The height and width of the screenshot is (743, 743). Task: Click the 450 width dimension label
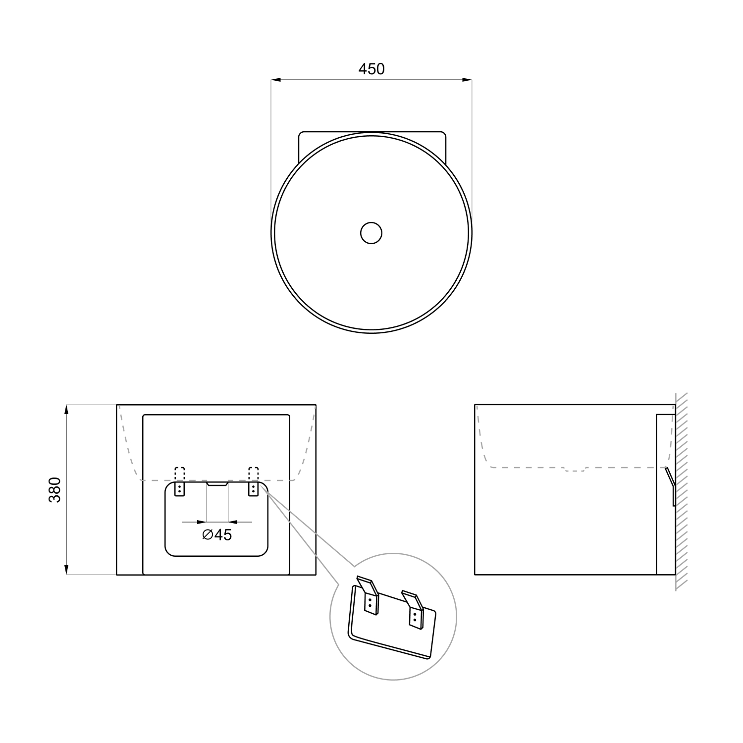(371, 69)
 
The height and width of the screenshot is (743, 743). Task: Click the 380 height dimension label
(54, 490)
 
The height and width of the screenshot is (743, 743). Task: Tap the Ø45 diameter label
(217, 535)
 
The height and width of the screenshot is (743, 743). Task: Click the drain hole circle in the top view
(371, 233)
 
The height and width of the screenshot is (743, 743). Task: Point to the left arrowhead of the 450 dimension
(276, 79)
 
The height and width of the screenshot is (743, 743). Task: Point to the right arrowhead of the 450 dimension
(467, 79)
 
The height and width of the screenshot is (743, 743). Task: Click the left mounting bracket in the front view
(179, 489)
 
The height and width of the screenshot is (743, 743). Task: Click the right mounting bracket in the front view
(254, 489)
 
